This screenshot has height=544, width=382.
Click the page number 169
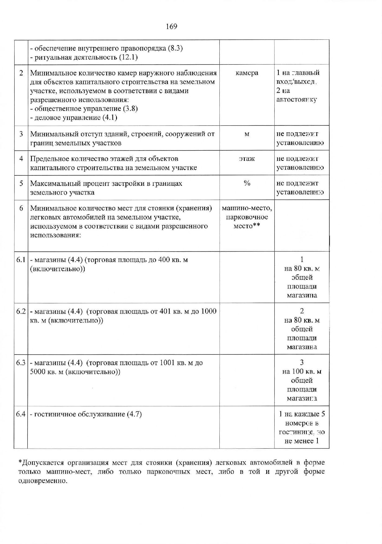(x=172, y=26)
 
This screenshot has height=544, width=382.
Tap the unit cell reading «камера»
(x=247, y=73)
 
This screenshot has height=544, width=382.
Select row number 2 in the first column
(x=21, y=73)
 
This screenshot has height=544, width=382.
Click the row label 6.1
(x=21, y=260)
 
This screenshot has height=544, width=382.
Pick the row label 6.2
(x=21, y=311)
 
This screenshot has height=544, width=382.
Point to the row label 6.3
(x=21, y=363)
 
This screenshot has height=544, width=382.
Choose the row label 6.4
(x=21, y=414)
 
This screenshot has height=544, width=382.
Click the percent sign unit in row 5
(x=247, y=183)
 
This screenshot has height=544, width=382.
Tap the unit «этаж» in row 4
(x=247, y=159)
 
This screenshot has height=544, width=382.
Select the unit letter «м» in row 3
(x=247, y=134)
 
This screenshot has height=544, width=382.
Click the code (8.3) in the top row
(x=175, y=48)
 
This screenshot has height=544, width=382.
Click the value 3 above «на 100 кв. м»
(x=302, y=362)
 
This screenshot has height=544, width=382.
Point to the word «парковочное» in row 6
(x=247, y=217)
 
